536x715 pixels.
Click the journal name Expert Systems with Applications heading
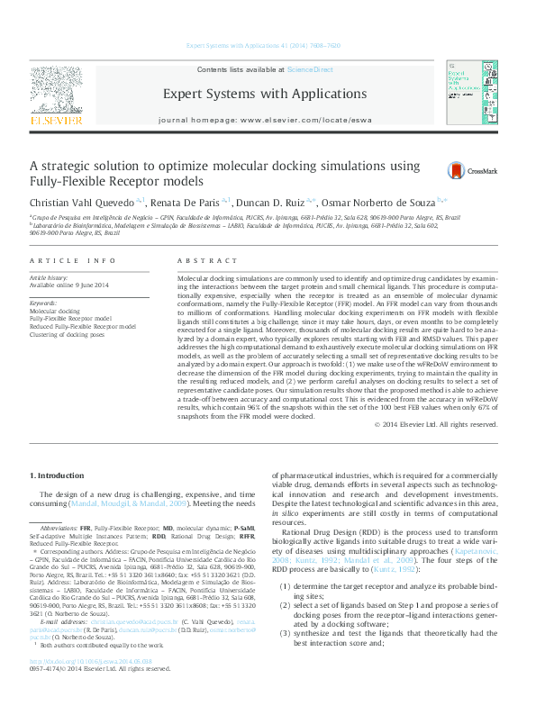(264, 94)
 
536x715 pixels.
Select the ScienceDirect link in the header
(310, 69)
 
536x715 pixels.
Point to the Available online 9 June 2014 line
(68, 285)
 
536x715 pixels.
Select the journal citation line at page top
(262, 44)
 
